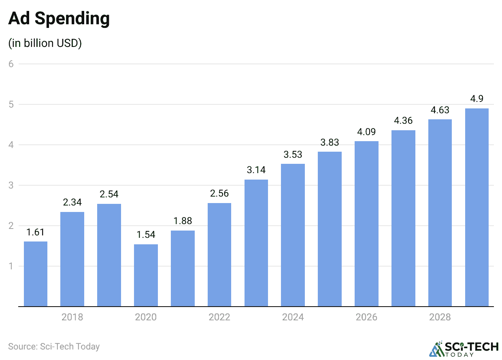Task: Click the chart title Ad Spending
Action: pos(59,19)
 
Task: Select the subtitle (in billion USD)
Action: pos(45,43)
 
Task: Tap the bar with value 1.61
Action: pos(36,274)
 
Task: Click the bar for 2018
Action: pos(72,259)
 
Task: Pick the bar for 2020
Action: pos(146,275)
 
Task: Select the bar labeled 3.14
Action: pos(256,243)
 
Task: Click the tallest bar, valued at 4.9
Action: pos(476,207)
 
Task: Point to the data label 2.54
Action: pos(109,194)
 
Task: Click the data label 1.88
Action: pos(183,221)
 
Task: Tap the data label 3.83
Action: pos(330,142)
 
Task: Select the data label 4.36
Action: pos(403,121)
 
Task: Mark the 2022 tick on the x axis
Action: pos(219,317)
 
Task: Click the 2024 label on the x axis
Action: pos(293,317)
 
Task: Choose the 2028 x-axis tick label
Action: pos(440,317)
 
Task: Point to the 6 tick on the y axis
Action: pos(11,64)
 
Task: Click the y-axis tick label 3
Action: pos(11,185)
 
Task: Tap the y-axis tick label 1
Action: pos(11,266)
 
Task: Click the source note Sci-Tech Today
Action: pos(54,347)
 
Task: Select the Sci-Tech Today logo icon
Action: pos(437,349)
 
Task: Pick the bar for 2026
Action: pos(366,224)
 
